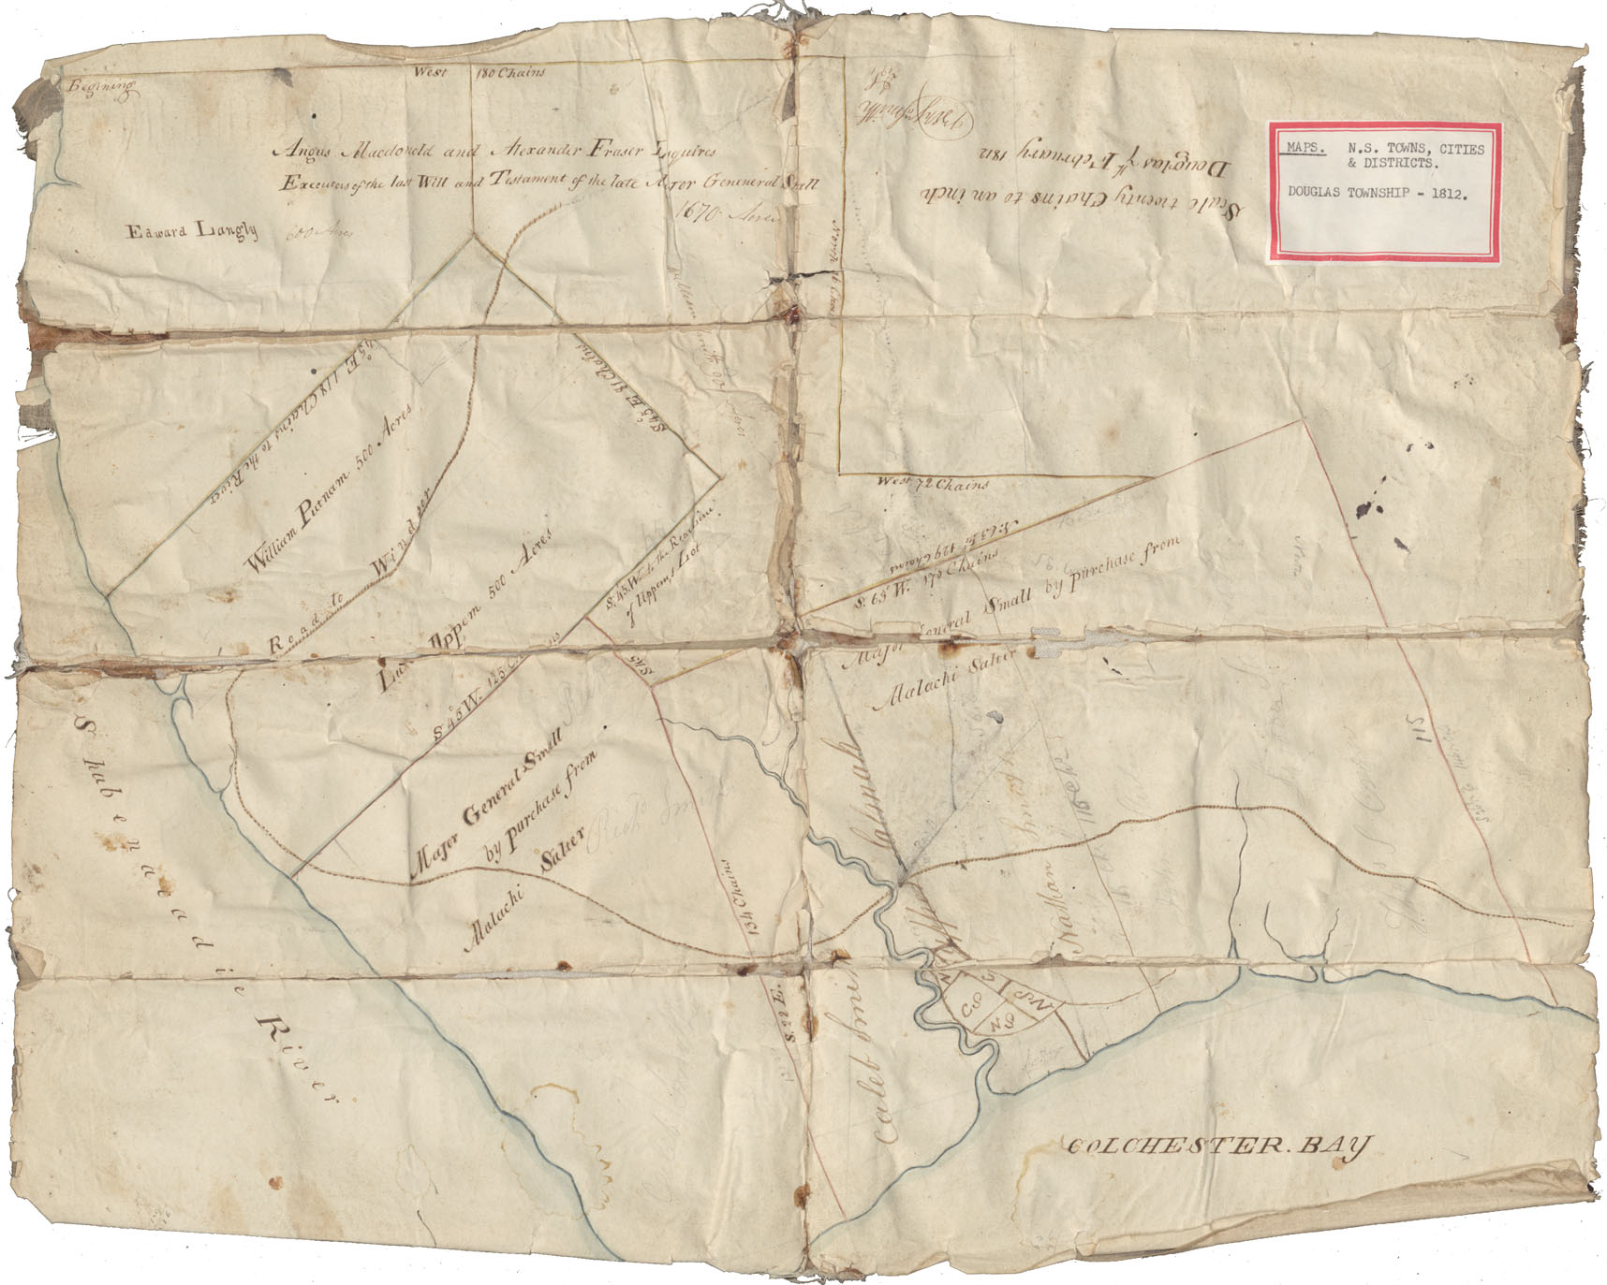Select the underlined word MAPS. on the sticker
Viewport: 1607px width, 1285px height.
(x=1305, y=148)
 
